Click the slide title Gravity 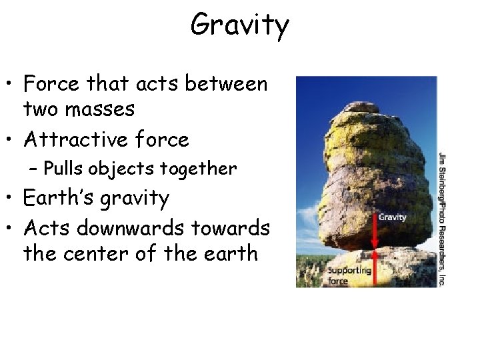pyautogui.click(x=239, y=26)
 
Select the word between pyautogui.click(x=226, y=84)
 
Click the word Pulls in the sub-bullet pyautogui.click(x=63, y=169)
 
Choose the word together pyautogui.click(x=202, y=169)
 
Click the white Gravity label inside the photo pyautogui.click(x=392, y=217)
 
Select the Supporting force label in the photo pyautogui.click(x=348, y=275)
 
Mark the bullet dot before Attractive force pyautogui.click(x=11, y=141)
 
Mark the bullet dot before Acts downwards pyautogui.click(x=11, y=229)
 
